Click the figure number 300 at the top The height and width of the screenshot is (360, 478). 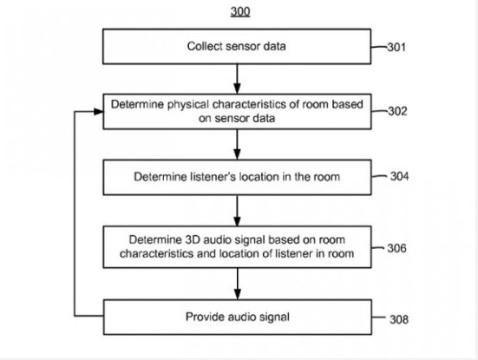pyautogui.click(x=240, y=11)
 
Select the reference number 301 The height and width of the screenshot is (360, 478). pyautogui.click(x=396, y=47)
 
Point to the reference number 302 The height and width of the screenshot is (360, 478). pyautogui.click(x=397, y=111)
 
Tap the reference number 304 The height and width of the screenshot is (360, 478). pyautogui.click(x=399, y=176)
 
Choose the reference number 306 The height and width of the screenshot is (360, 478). pyautogui.click(x=396, y=248)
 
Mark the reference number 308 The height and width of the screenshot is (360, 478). pyautogui.click(x=399, y=319)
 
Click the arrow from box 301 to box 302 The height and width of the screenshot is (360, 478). pyautogui.click(x=237, y=79)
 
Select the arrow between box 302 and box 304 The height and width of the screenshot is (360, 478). pyautogui.click(x=237, y=144)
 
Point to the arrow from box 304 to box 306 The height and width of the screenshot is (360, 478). pyautogui.click(x=237, y=210)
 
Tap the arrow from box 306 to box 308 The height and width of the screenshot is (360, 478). pyautogui.click(x=237, y=284)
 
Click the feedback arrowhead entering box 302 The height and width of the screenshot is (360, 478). pyautogui.click(x=99, y=112)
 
